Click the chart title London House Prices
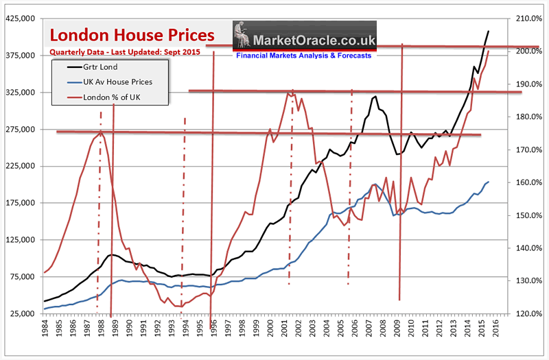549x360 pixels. click(130, 34)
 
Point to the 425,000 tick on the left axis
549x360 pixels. click(21, 19)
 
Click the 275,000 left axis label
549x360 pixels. click(21, 130)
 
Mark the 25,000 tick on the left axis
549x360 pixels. click(23, 314)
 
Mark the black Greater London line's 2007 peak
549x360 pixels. click(375, 97)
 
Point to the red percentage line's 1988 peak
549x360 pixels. click(101, 131)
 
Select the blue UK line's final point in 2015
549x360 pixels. click(488, 182)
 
